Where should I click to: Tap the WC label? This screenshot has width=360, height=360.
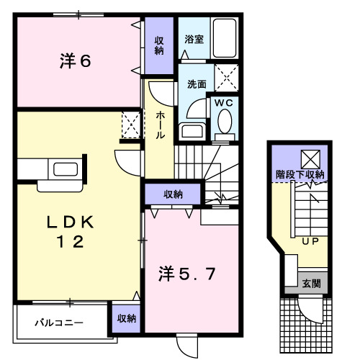[224, 103]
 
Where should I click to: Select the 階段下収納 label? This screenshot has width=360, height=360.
[300, 174]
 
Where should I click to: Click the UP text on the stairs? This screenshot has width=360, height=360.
[311, 242]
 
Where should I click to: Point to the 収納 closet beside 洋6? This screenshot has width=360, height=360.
[158, 45]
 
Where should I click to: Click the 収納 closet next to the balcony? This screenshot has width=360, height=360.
[125, 318]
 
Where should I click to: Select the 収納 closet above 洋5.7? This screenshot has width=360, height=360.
[173, 194]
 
